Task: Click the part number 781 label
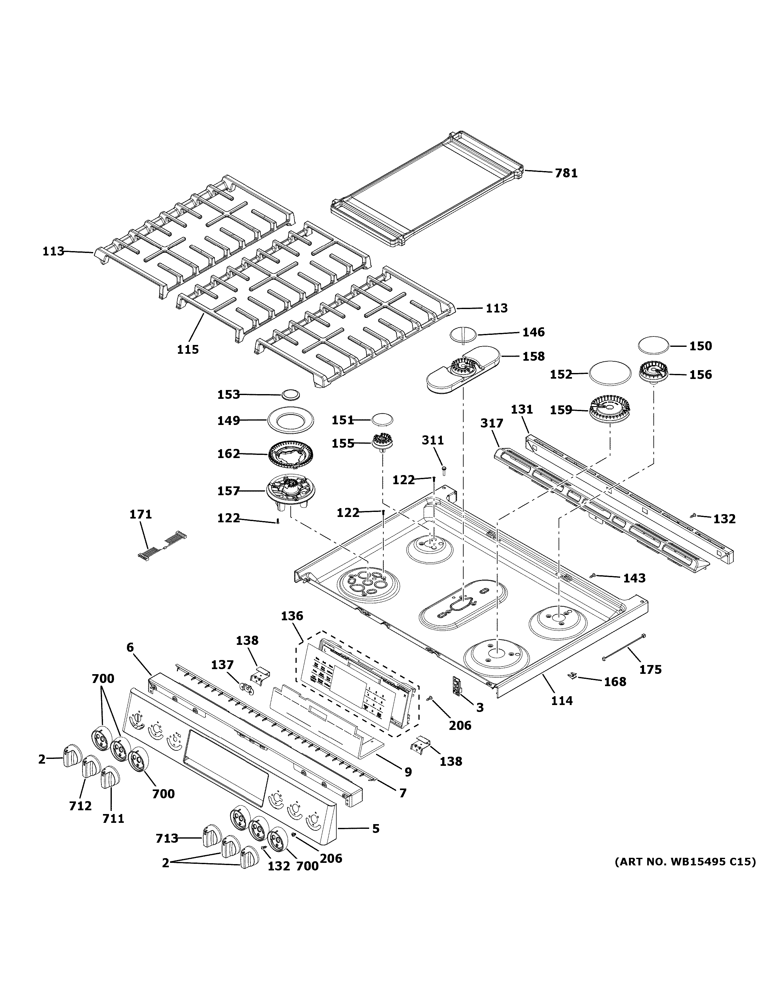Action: pos(566,173)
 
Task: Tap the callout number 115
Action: pos(188,350)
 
